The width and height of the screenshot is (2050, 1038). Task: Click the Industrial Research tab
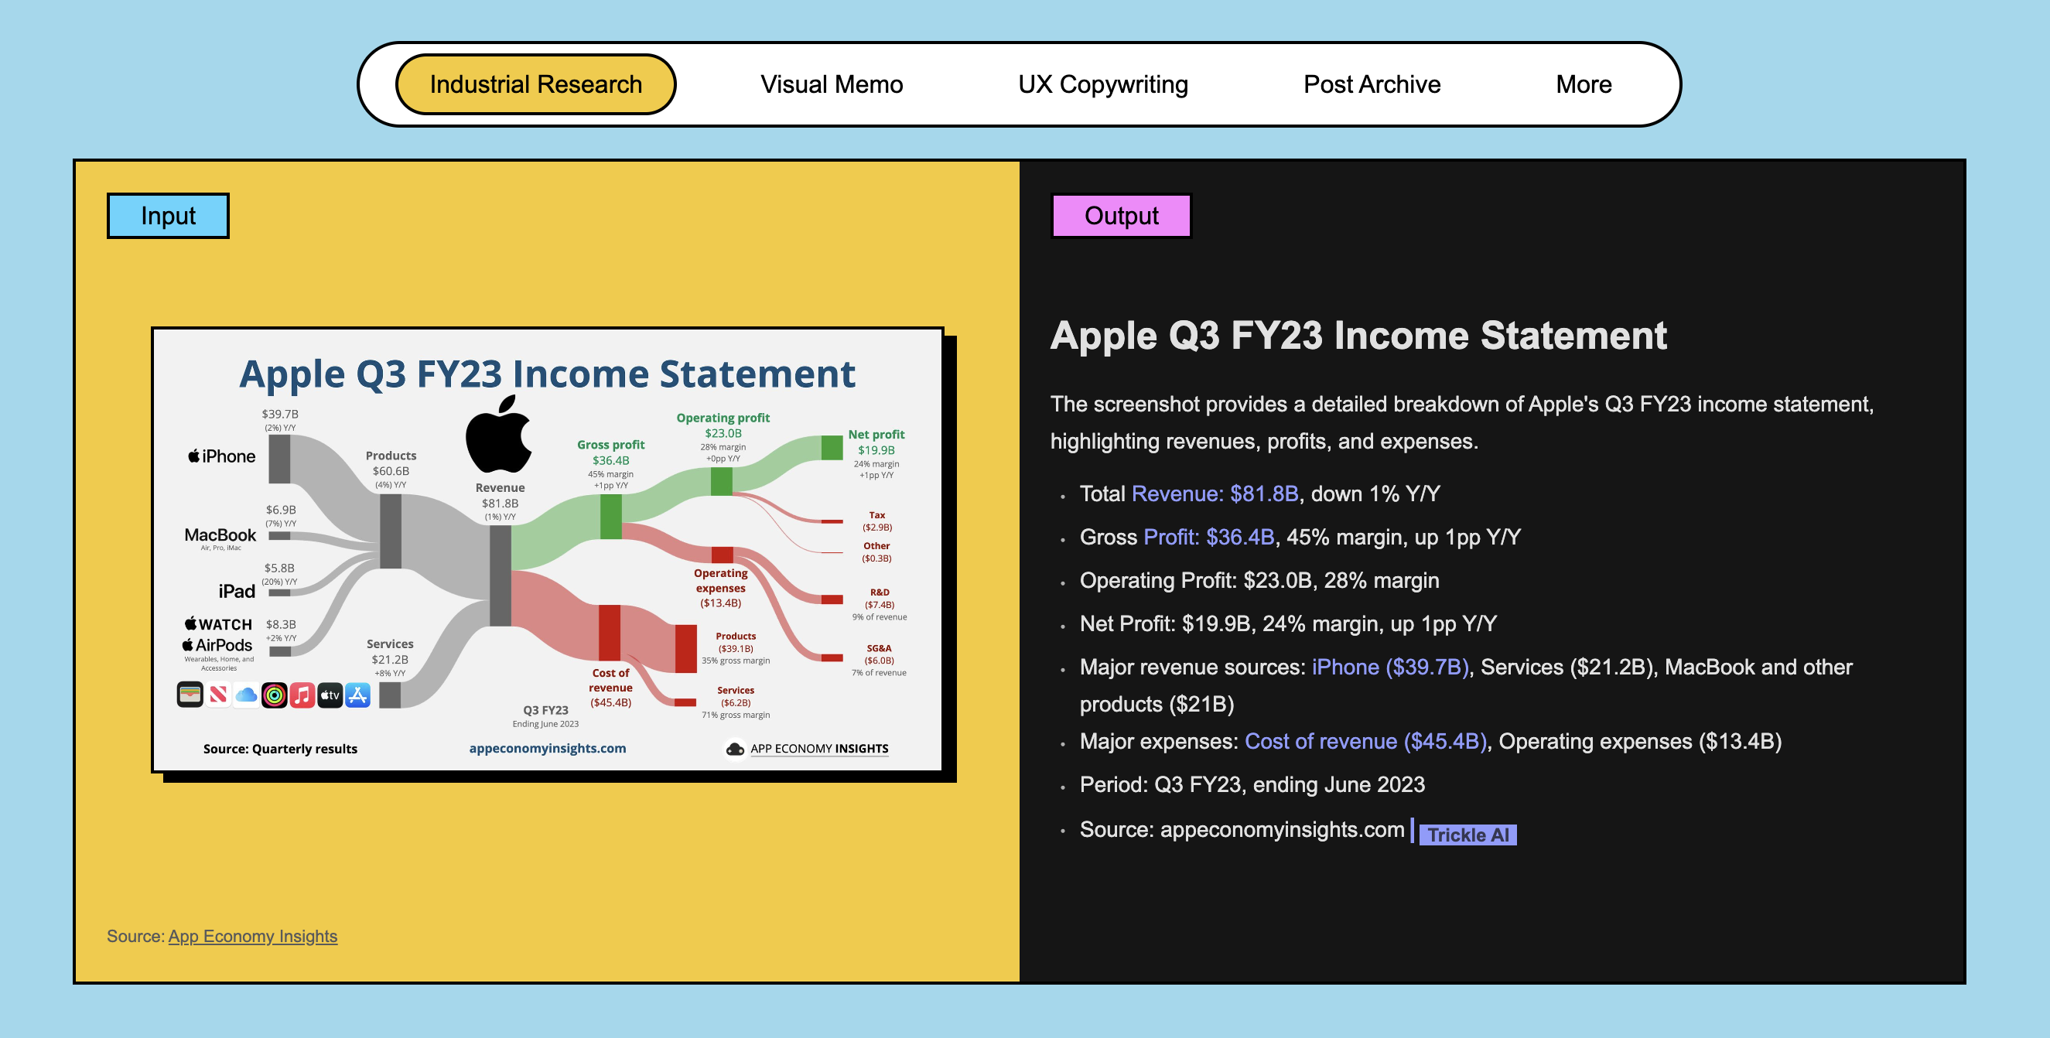click(535, 84)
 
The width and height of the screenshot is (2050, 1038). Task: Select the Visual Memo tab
click(832, 84)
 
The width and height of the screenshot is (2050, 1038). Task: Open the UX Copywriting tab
click(1103, 84)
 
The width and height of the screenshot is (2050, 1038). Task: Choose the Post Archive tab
click(1372, 84)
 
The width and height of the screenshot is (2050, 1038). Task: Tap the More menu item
click(1584, 84)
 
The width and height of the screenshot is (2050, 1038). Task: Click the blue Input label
click(168, 216)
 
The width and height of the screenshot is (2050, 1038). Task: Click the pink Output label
click(1121, 216)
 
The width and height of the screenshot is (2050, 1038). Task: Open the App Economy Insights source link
click(253, 936)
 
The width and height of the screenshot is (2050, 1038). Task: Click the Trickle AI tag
click(1467, 835)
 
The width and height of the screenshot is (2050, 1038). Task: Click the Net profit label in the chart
click(876, 434)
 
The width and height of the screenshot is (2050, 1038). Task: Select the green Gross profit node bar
click(610, 516)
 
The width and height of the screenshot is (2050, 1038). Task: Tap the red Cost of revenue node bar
click(610, 633)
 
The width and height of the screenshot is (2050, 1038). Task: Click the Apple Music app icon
click(302, 695)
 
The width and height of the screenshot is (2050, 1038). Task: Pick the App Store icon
click(358, 695)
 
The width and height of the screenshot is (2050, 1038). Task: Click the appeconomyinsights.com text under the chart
click(548, 749)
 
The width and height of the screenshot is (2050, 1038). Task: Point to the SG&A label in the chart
click(880, 648)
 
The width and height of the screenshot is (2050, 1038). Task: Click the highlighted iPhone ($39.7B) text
click(1390, 667)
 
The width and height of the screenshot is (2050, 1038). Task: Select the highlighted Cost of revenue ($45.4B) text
click(1365, 741)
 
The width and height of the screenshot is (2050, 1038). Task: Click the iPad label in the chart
click(237, 591)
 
